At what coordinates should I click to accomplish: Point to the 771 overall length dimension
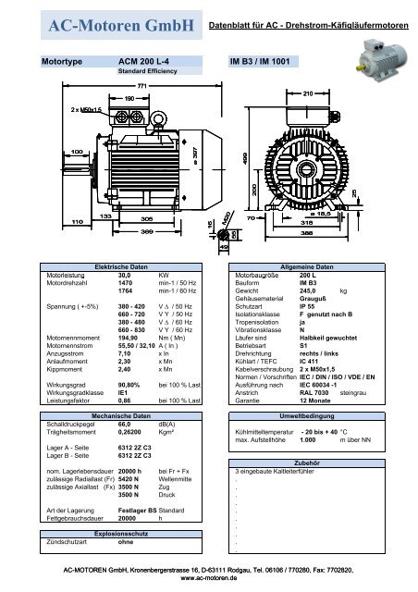pyautogui.click(x=141, y=85)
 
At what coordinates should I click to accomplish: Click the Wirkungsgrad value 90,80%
pyautogui.click(x=130, y=382)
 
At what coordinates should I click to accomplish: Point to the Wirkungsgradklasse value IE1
pyautogui.click(x=123, y=390)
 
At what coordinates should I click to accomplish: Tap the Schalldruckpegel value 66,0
pyautogui.click(x=126, y=424)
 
